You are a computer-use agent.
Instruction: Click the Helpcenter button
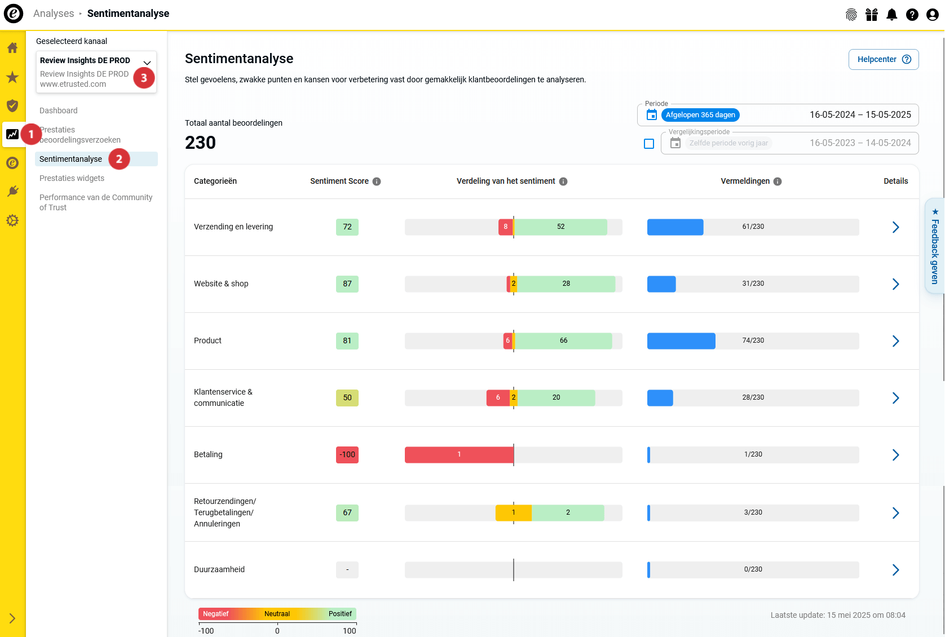883,60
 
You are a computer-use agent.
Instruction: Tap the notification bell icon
892,15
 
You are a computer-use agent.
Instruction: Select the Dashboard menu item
59,110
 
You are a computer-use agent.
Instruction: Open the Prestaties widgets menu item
72,178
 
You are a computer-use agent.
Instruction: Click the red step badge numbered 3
144,78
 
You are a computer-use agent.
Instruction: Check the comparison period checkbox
649,144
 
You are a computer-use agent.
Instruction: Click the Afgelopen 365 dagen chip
700,115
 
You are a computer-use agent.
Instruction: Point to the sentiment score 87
347,284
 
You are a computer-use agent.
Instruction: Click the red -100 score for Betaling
347,455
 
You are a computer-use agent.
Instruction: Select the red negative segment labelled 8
505,227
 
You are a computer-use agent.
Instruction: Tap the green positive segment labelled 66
563,341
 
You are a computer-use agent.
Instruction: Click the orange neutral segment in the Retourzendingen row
513,513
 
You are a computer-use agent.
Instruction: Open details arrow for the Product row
895,341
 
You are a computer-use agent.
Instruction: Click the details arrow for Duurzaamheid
895,570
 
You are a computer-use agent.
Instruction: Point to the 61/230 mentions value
753,227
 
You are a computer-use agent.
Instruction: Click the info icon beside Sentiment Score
377,182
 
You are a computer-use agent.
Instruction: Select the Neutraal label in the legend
277,614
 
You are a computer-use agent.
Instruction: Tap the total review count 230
200,143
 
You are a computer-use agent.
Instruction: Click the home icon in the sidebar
12,48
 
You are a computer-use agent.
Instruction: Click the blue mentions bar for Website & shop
661,284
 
